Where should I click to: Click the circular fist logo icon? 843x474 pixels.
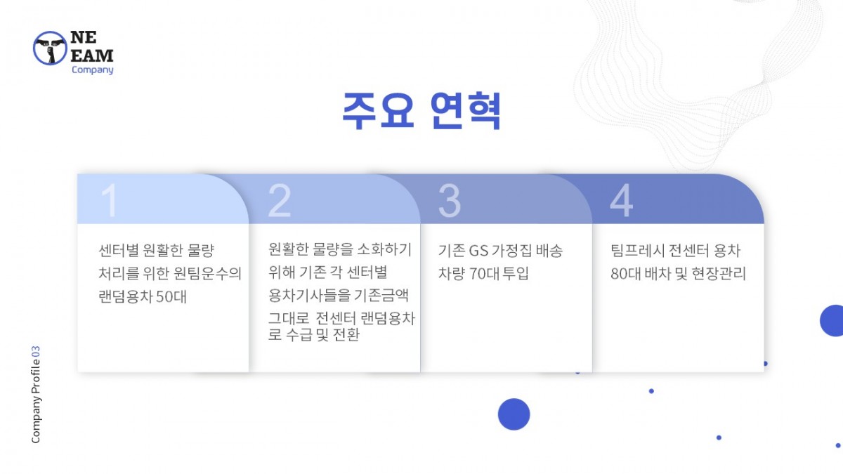click(x=50, y=48)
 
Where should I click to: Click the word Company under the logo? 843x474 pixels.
click(x=93, y=70)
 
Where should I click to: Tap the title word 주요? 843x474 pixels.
click(x=379, y=111)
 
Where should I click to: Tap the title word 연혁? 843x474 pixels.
click(x=466, y=111)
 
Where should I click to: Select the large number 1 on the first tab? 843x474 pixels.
click(x=110, y=201)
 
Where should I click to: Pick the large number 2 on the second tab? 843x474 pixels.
click(x=280, y=201)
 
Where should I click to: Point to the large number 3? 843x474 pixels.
click(x=450, y=201)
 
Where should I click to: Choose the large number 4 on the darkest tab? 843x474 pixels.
click(x=621, y=201)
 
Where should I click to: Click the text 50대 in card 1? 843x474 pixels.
click(x=171, y=297)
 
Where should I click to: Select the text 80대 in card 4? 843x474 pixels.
click(x=626, y=273)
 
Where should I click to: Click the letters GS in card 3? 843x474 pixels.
click(x=478, y=251)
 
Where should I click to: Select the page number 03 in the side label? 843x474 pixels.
click(x=35, y=352)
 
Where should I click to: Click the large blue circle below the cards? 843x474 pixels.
click(x=514, y=414)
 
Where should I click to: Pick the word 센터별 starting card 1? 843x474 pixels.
click(x=119, y=251)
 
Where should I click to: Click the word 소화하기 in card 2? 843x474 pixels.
click(x=384, y=249)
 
